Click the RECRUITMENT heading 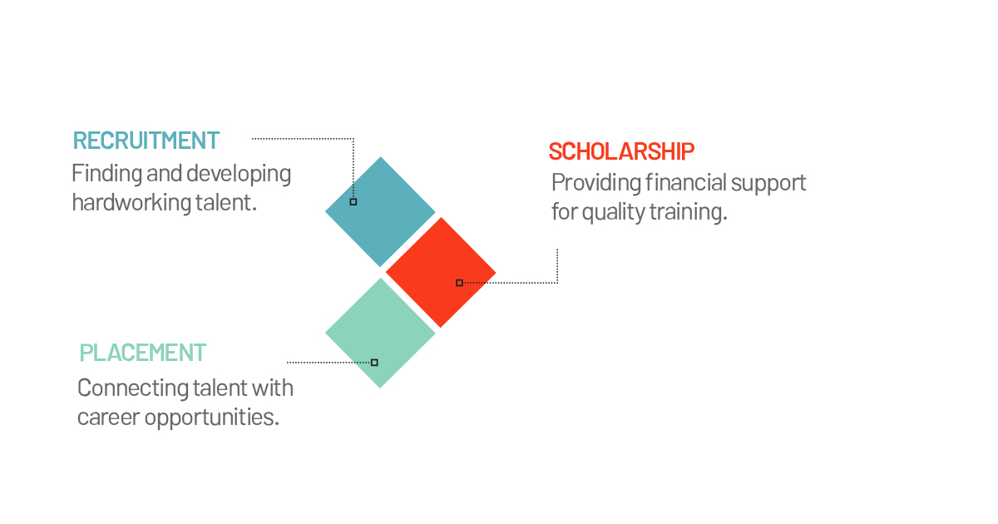pos(146,141)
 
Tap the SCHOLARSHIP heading pos(621,151)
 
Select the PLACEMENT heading pos(142,353)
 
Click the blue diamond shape pos(380,211)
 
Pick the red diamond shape pos(441,272)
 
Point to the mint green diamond pos(380,333)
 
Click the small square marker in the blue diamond pos(353,202)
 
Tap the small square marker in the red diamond pos(459,283)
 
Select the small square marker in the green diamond pos(375,363)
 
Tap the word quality pos(614,212)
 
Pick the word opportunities pos(211,418)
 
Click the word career pos(109,418)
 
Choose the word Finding pos(107,173)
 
